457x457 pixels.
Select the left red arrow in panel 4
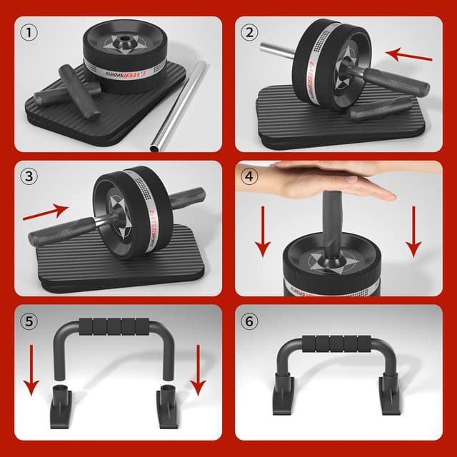click(x=263, y=230)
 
